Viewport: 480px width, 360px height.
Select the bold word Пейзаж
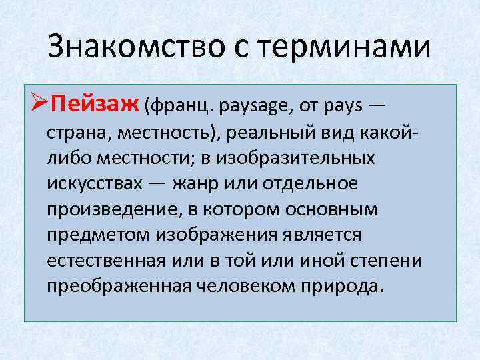[94, 105]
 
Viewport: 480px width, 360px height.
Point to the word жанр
[197, 184]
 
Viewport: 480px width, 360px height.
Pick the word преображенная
[119, 287]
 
